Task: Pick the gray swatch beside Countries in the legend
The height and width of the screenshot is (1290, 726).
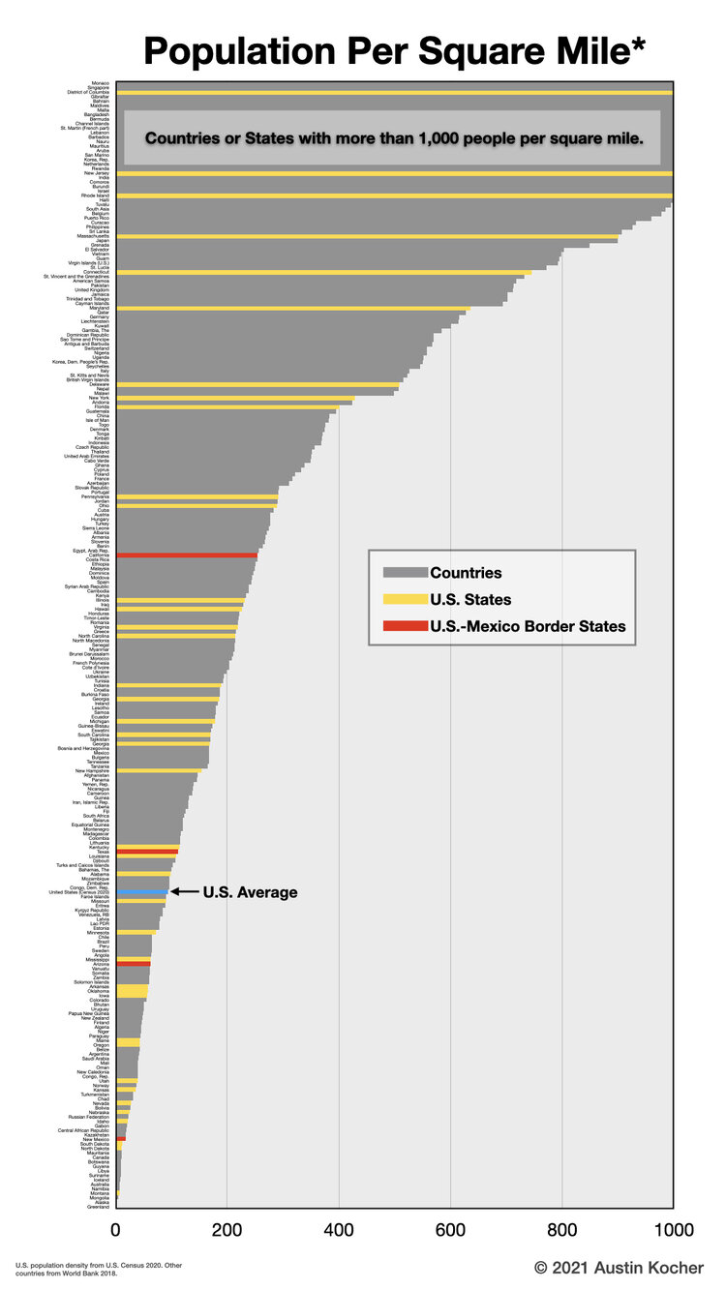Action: click(405, 573)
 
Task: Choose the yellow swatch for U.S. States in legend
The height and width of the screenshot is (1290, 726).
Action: click(405, 600)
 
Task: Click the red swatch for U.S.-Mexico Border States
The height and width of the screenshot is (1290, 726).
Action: click(405, 627)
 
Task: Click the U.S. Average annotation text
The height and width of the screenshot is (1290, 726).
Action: click(250, 892)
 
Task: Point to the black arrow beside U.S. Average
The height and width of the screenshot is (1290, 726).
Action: click(184, 891)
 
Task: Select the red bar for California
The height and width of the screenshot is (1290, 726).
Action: click(186, 555)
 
